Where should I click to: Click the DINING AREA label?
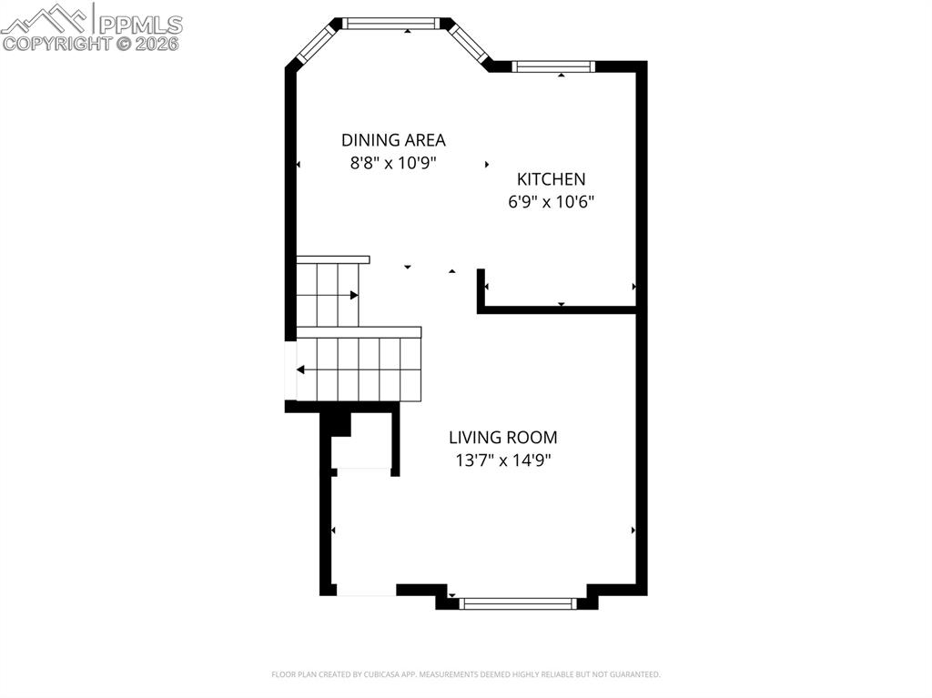pyautogui.click(x=393, y=140)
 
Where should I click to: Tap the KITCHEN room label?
pyautogui.click(x=551, y=179)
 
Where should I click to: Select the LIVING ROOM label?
pyautogui.click(x=502, y=438)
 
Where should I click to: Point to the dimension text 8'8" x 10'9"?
pyautogui.click(x=393, y=164)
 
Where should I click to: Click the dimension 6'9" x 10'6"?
pyautogui.click(x=551, y=202)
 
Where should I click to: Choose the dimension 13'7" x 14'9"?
pyautogui.click(x=502, y=460)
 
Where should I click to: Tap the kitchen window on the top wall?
pyautogui.click(x=553, y=66)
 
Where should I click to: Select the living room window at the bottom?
pyautogui.click(x=518, y=602)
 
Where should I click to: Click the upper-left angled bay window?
pyautogui.click(x=317, y=44)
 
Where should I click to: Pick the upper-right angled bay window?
pyautogui.click(x=471, y=42)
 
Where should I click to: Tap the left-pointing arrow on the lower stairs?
pyautogui.click(x=301, y=369)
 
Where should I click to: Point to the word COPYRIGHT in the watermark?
pyautogui.click(x=56, y=43)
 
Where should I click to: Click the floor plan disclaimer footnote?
pyautogui.click(x=465, y=674)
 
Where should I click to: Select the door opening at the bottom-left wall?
pyautogui.click(x=366, y=591)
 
